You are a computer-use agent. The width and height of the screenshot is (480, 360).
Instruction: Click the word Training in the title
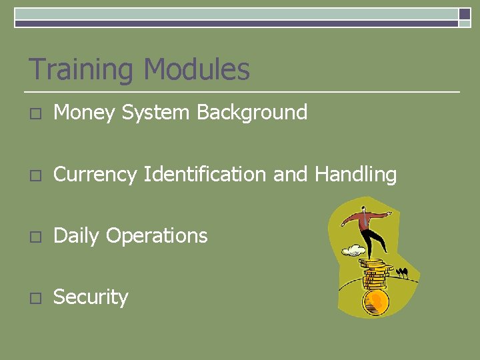pos(81,70)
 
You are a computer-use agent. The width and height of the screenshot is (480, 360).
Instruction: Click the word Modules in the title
pos(197,69)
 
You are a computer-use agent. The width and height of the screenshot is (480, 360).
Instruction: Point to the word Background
pos(252,112)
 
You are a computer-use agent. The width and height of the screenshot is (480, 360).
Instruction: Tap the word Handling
pos(355,175)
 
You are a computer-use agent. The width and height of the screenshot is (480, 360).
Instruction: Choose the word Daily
pos(77,236)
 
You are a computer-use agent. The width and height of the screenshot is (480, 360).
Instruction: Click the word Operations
pos(157,236)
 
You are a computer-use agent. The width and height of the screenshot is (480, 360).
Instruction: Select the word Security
pos(91,297)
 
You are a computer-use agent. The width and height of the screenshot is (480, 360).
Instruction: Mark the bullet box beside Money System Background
pos(35,114)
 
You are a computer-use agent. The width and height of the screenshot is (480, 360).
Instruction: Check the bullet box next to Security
pos(35,298)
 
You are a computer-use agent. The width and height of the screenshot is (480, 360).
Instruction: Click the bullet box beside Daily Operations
pos(35,237)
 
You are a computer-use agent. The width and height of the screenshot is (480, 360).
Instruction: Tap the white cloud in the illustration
pos(353,251)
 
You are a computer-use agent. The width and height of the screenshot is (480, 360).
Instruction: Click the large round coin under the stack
pos(375,302)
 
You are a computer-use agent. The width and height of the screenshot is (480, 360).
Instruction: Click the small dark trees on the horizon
pos(402,272)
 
